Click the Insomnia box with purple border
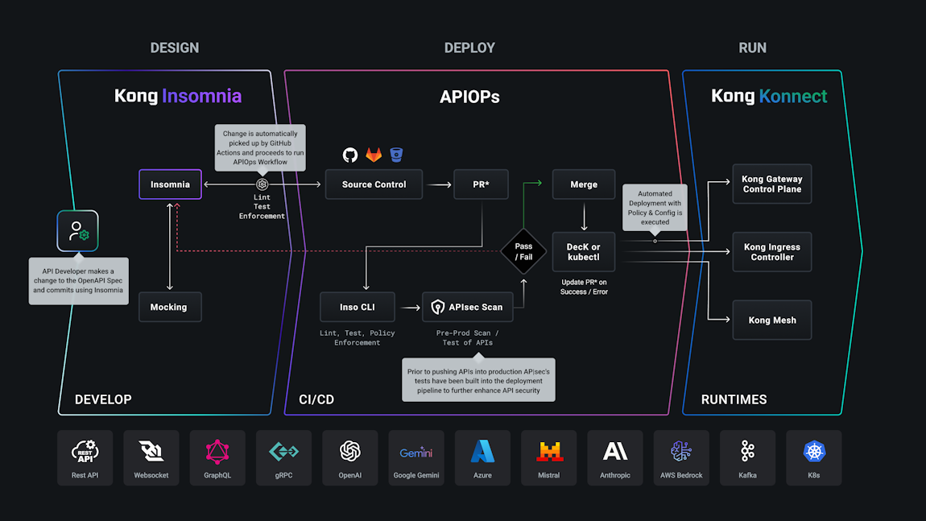[170, 184]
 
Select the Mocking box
[169, 307]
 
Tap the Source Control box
[374, 184]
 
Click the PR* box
[481, 184]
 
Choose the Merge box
[584, 184]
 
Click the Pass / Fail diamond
[523, 252]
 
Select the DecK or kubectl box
[584, 252]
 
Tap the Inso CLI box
[358, 307]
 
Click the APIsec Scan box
[468, 307]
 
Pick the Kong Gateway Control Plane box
[771, 184]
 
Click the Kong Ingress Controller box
[771, 252]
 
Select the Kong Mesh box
[771, 320]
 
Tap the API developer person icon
[77, 231]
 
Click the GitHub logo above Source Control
[350, 155]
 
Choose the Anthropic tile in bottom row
[615, 457]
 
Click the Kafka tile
[747, 457]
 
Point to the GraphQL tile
[217, 457]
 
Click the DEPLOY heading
[469, 48]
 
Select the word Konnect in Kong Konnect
[792, 97]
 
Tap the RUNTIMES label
[734, 399]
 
